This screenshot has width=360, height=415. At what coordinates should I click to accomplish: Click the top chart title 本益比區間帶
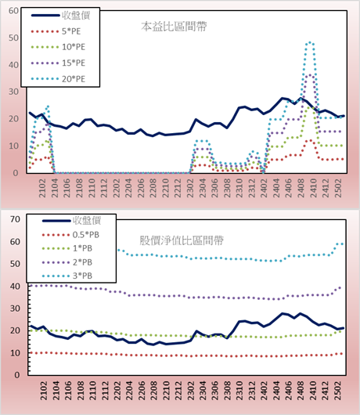(174, 27)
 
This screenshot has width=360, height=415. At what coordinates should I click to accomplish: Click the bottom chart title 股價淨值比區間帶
(182, 240)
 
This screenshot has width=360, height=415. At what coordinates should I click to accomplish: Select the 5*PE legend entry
(56, 31)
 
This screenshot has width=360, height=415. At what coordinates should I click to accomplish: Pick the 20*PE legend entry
(58, 79)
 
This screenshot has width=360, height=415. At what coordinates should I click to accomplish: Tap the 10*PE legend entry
(58, 47)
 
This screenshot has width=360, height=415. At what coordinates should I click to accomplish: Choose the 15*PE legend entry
(58, 63)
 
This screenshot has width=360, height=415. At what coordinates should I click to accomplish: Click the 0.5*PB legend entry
(70, 235)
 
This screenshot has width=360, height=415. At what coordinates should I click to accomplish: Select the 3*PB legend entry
(67, 276)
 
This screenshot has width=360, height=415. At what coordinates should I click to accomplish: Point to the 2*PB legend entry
(67, 262)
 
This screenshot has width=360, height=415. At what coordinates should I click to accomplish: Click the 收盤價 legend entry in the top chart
(60, 16)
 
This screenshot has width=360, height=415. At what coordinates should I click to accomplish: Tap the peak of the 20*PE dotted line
(310, 42)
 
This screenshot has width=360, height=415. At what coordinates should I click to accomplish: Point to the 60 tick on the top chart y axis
(14, 11)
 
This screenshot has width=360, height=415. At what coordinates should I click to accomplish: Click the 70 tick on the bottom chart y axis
(15, 219)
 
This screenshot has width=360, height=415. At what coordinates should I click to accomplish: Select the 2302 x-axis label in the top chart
(190, 188)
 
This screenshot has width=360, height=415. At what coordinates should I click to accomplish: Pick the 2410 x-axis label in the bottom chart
(313, 391)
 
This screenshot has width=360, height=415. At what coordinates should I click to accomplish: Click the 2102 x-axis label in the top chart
(42, 188)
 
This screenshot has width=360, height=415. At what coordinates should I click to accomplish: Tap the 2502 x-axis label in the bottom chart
(338, 391)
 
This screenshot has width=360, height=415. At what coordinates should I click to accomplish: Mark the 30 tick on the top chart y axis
(14, 92)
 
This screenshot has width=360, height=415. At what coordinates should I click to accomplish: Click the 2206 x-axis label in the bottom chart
(141, 391)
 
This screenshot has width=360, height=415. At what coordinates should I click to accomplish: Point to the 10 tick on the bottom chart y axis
(15, 353)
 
